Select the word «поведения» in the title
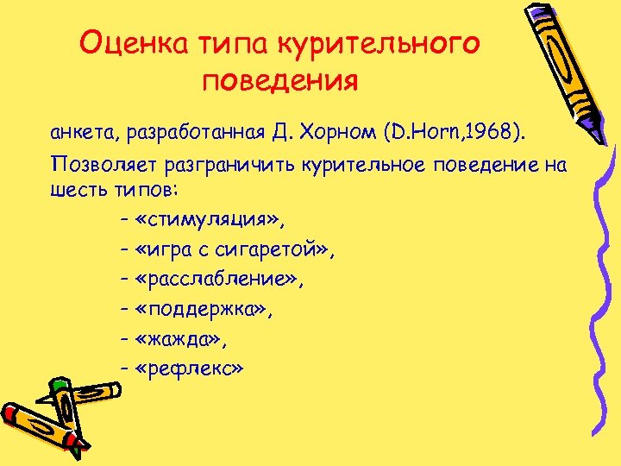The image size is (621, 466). pyautogui.click(x=279, y=82)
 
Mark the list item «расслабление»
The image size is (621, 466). pyautogui.click(x=219, y=279)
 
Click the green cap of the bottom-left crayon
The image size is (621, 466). pyautogui.click(x=59, y=387)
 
